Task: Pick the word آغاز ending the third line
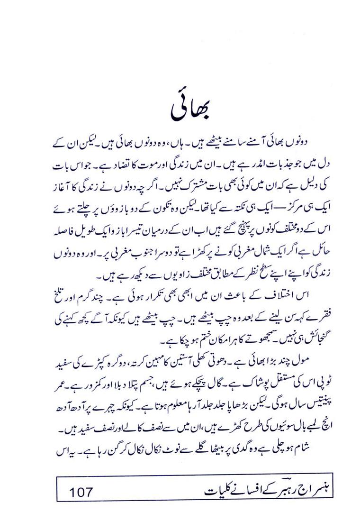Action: [x=62, y=186]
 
